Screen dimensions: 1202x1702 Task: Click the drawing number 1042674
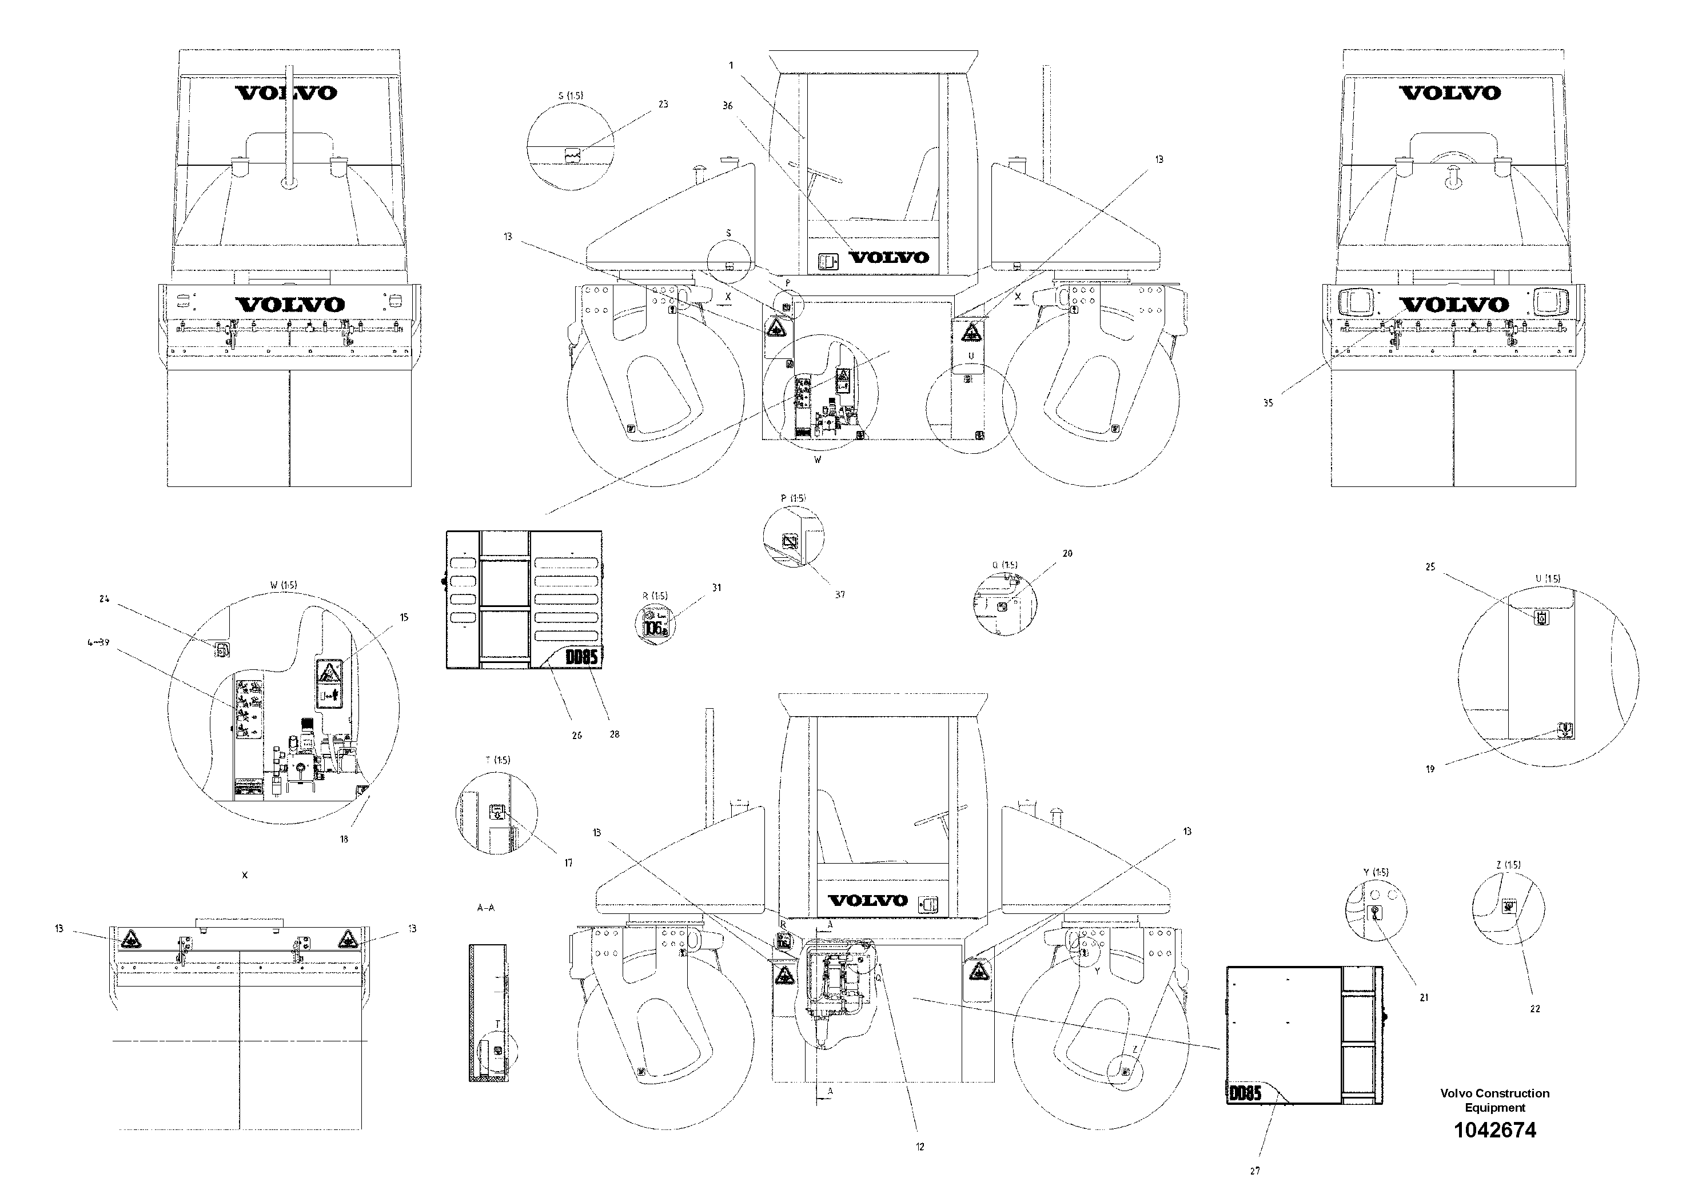pyautogui.click(x=1494, y=1131)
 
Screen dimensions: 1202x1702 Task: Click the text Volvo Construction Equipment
pyautogui.click(x=1494, y=1100)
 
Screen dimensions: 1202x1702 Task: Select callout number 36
pyautogui.click(x=727, y=106)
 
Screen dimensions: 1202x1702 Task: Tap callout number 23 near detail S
pyautogui.click(x=663, y=105)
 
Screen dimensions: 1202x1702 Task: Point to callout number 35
pyautogui.click(x=1267, y=403)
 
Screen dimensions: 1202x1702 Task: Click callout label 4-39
pyautogui.click(x=98, y=642)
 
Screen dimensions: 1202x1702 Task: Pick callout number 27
pyautogui.click(x=1254, y=1172)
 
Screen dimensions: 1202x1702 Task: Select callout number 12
pyautogui.click(x=919, y=1147)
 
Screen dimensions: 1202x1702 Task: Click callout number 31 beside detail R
pyautogui.click(x=716, y=588)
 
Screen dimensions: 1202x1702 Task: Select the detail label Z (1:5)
pyautogui.click(x=1508, y=865)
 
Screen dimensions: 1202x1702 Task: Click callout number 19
pyautogui.click(x=1430, y=769)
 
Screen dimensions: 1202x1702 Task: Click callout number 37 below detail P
pyautogui.click(x=839, y=594)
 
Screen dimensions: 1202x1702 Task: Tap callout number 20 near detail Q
pyautogui.click(x=1067, y=554)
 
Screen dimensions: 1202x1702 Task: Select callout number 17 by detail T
pyautogui.click(x=568, y=863)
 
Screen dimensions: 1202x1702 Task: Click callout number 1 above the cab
pyautogui.click(x=731, y=65)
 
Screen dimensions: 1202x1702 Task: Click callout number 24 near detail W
pyautogui.click(x=104, y=599)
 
